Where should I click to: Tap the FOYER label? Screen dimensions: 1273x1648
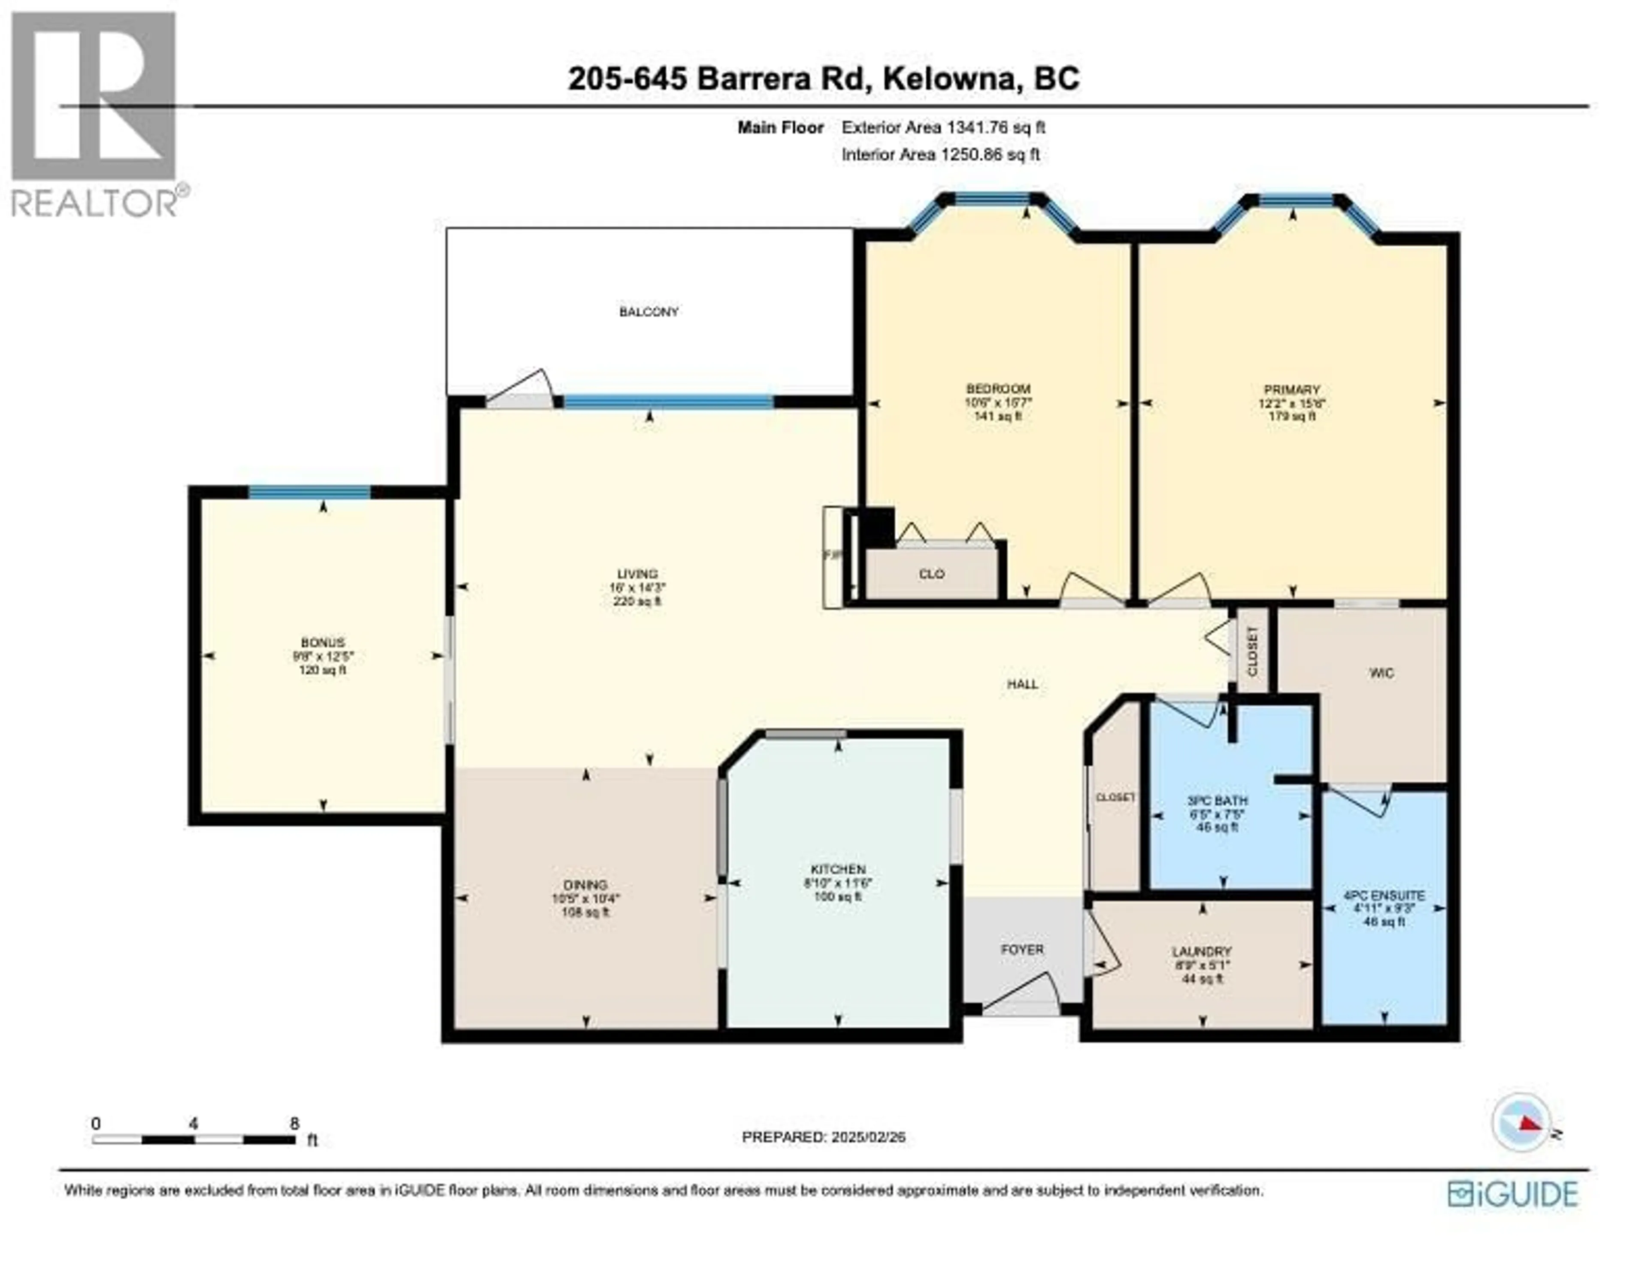(1022, 949)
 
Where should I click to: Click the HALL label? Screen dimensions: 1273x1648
(1022, 684)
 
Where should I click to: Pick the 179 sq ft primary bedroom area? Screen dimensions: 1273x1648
(1292, 416)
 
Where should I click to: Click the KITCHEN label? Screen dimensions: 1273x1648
(838, 869)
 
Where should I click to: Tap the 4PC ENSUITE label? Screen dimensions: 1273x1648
(1384, 896)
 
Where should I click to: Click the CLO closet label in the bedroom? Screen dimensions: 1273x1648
(931, 574)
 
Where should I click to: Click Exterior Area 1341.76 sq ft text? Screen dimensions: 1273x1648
(943, 127)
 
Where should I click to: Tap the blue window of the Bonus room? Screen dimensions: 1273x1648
(309, 493)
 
